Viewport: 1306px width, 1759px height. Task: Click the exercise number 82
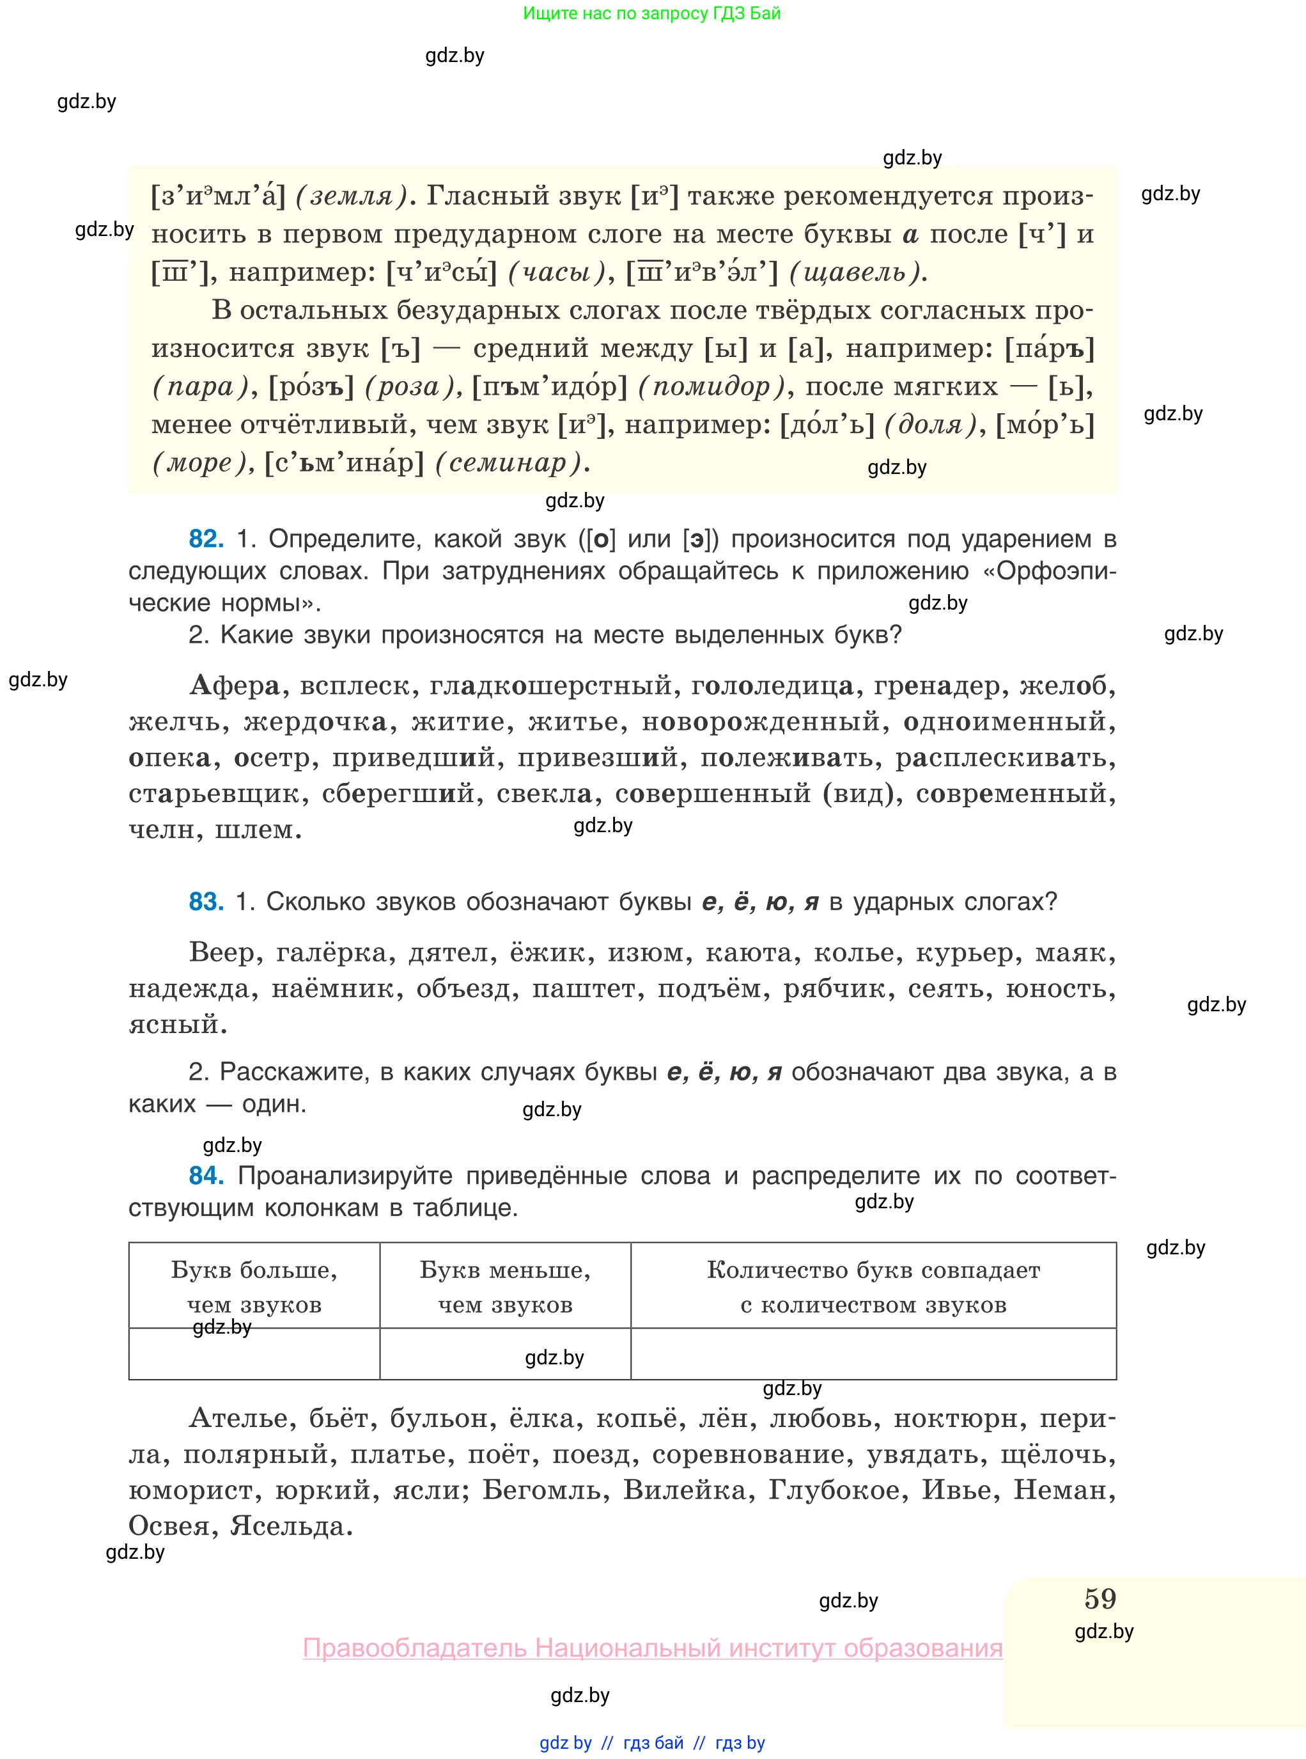tap(206, 539)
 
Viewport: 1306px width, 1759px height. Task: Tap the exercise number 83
tap(206, 902)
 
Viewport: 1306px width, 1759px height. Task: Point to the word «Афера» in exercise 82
tap(235, 685)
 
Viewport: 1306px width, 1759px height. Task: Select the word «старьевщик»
tap(214, 793)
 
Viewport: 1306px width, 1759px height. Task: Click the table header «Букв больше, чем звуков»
tap(254, 1286)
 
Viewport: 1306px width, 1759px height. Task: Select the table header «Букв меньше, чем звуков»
tap(505, 1286)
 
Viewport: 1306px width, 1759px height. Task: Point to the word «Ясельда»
tap(290, 1526)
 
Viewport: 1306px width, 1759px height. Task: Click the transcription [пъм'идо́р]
tap(549, 387)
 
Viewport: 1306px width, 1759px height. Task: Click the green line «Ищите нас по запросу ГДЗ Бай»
tap(651, 13)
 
